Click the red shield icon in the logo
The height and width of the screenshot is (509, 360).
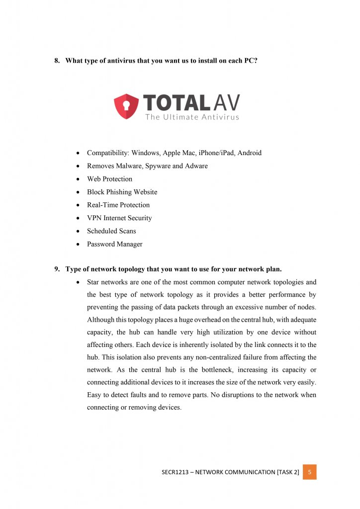(126, 106)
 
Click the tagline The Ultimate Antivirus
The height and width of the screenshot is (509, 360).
(192, 117)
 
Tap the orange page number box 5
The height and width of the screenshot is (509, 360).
(309, 472)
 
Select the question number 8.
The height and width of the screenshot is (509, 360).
(57, 61)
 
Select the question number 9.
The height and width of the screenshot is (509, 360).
(57, 269)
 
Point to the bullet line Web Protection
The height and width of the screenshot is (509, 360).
(109, 179)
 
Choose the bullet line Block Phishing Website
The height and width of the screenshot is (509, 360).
(122, 192)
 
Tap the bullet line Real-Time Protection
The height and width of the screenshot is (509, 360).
(118, 205)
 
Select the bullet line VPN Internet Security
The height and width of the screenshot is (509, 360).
(119, 218)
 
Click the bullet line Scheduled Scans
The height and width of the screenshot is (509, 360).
(111, 231)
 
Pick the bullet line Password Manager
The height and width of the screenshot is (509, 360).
(114, 244)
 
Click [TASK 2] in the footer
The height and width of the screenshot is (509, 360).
(288, 472)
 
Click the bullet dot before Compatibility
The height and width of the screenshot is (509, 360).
(79, 153)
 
